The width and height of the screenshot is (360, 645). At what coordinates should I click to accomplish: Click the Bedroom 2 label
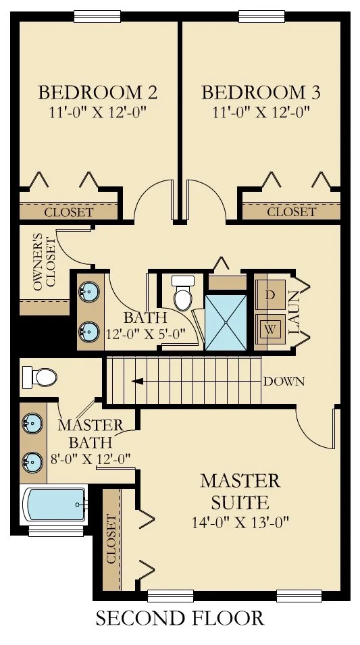97,93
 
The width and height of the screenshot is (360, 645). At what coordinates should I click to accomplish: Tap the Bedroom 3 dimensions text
261,111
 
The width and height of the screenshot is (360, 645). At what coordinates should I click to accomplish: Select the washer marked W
270,329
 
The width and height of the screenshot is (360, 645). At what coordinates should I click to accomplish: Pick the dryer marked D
270,294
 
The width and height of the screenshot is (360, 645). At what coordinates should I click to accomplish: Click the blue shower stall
226,322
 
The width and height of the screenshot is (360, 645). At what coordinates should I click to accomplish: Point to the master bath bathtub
55,505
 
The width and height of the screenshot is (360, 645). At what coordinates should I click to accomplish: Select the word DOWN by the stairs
284,382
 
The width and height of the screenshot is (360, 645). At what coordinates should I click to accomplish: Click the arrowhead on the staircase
138,382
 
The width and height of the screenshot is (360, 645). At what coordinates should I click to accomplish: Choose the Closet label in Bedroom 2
69,213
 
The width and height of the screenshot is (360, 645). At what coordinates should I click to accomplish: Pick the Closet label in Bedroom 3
291,212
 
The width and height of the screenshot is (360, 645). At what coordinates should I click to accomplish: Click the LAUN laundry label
293,313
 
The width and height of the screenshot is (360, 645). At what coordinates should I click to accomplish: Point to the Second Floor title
180,618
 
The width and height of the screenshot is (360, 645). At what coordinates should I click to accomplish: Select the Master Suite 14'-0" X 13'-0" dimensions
240,523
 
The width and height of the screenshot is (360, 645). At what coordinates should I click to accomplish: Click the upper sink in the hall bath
89,291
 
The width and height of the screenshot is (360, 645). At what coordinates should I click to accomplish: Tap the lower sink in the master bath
32,461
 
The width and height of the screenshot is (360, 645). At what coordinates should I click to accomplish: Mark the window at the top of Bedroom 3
261,16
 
